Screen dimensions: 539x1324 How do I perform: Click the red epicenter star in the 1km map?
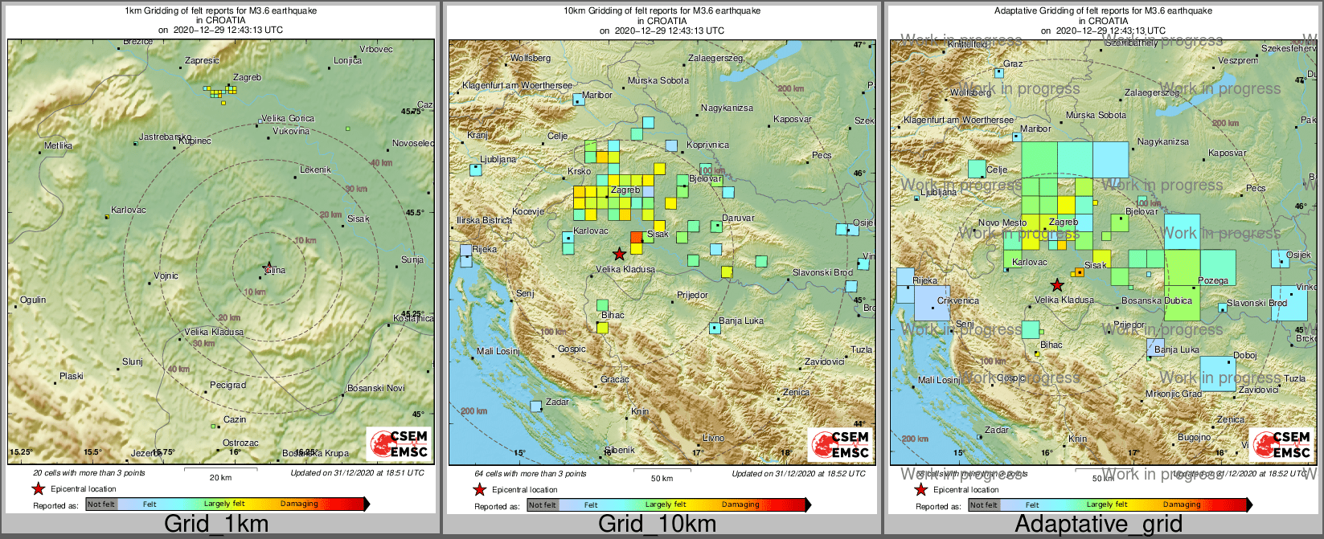click(267, 267)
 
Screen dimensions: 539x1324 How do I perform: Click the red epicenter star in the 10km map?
click(619, 254)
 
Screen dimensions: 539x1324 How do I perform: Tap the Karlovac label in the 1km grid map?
click(129, 210)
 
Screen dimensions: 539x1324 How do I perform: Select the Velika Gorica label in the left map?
click(288, 119)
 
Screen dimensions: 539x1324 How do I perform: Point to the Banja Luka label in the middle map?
click(741, 321)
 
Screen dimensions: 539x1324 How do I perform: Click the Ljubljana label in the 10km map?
click(498, 160)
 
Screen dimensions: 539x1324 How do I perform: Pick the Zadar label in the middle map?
click(557, 402)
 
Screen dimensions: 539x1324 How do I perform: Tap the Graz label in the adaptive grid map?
click(1013, 64)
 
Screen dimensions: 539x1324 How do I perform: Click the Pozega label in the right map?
click(1213, 281)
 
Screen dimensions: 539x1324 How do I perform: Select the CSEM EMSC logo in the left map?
click(399, 443)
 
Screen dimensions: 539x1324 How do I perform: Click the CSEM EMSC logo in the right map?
click(1281, 444)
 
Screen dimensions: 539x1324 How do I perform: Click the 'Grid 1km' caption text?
click(216, 525)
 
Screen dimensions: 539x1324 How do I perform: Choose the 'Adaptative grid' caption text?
click(1098, 525)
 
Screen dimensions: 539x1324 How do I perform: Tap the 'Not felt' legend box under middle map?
click(542, 505)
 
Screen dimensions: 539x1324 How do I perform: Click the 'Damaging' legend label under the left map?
click(299, 504)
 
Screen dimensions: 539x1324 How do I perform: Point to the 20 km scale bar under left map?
click(220, 469)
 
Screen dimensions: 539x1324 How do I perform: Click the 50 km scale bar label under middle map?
click(662, 479)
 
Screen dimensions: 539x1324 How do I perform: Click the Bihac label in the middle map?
click(613, 316)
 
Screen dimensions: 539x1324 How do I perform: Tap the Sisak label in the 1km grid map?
click(359, 218)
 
